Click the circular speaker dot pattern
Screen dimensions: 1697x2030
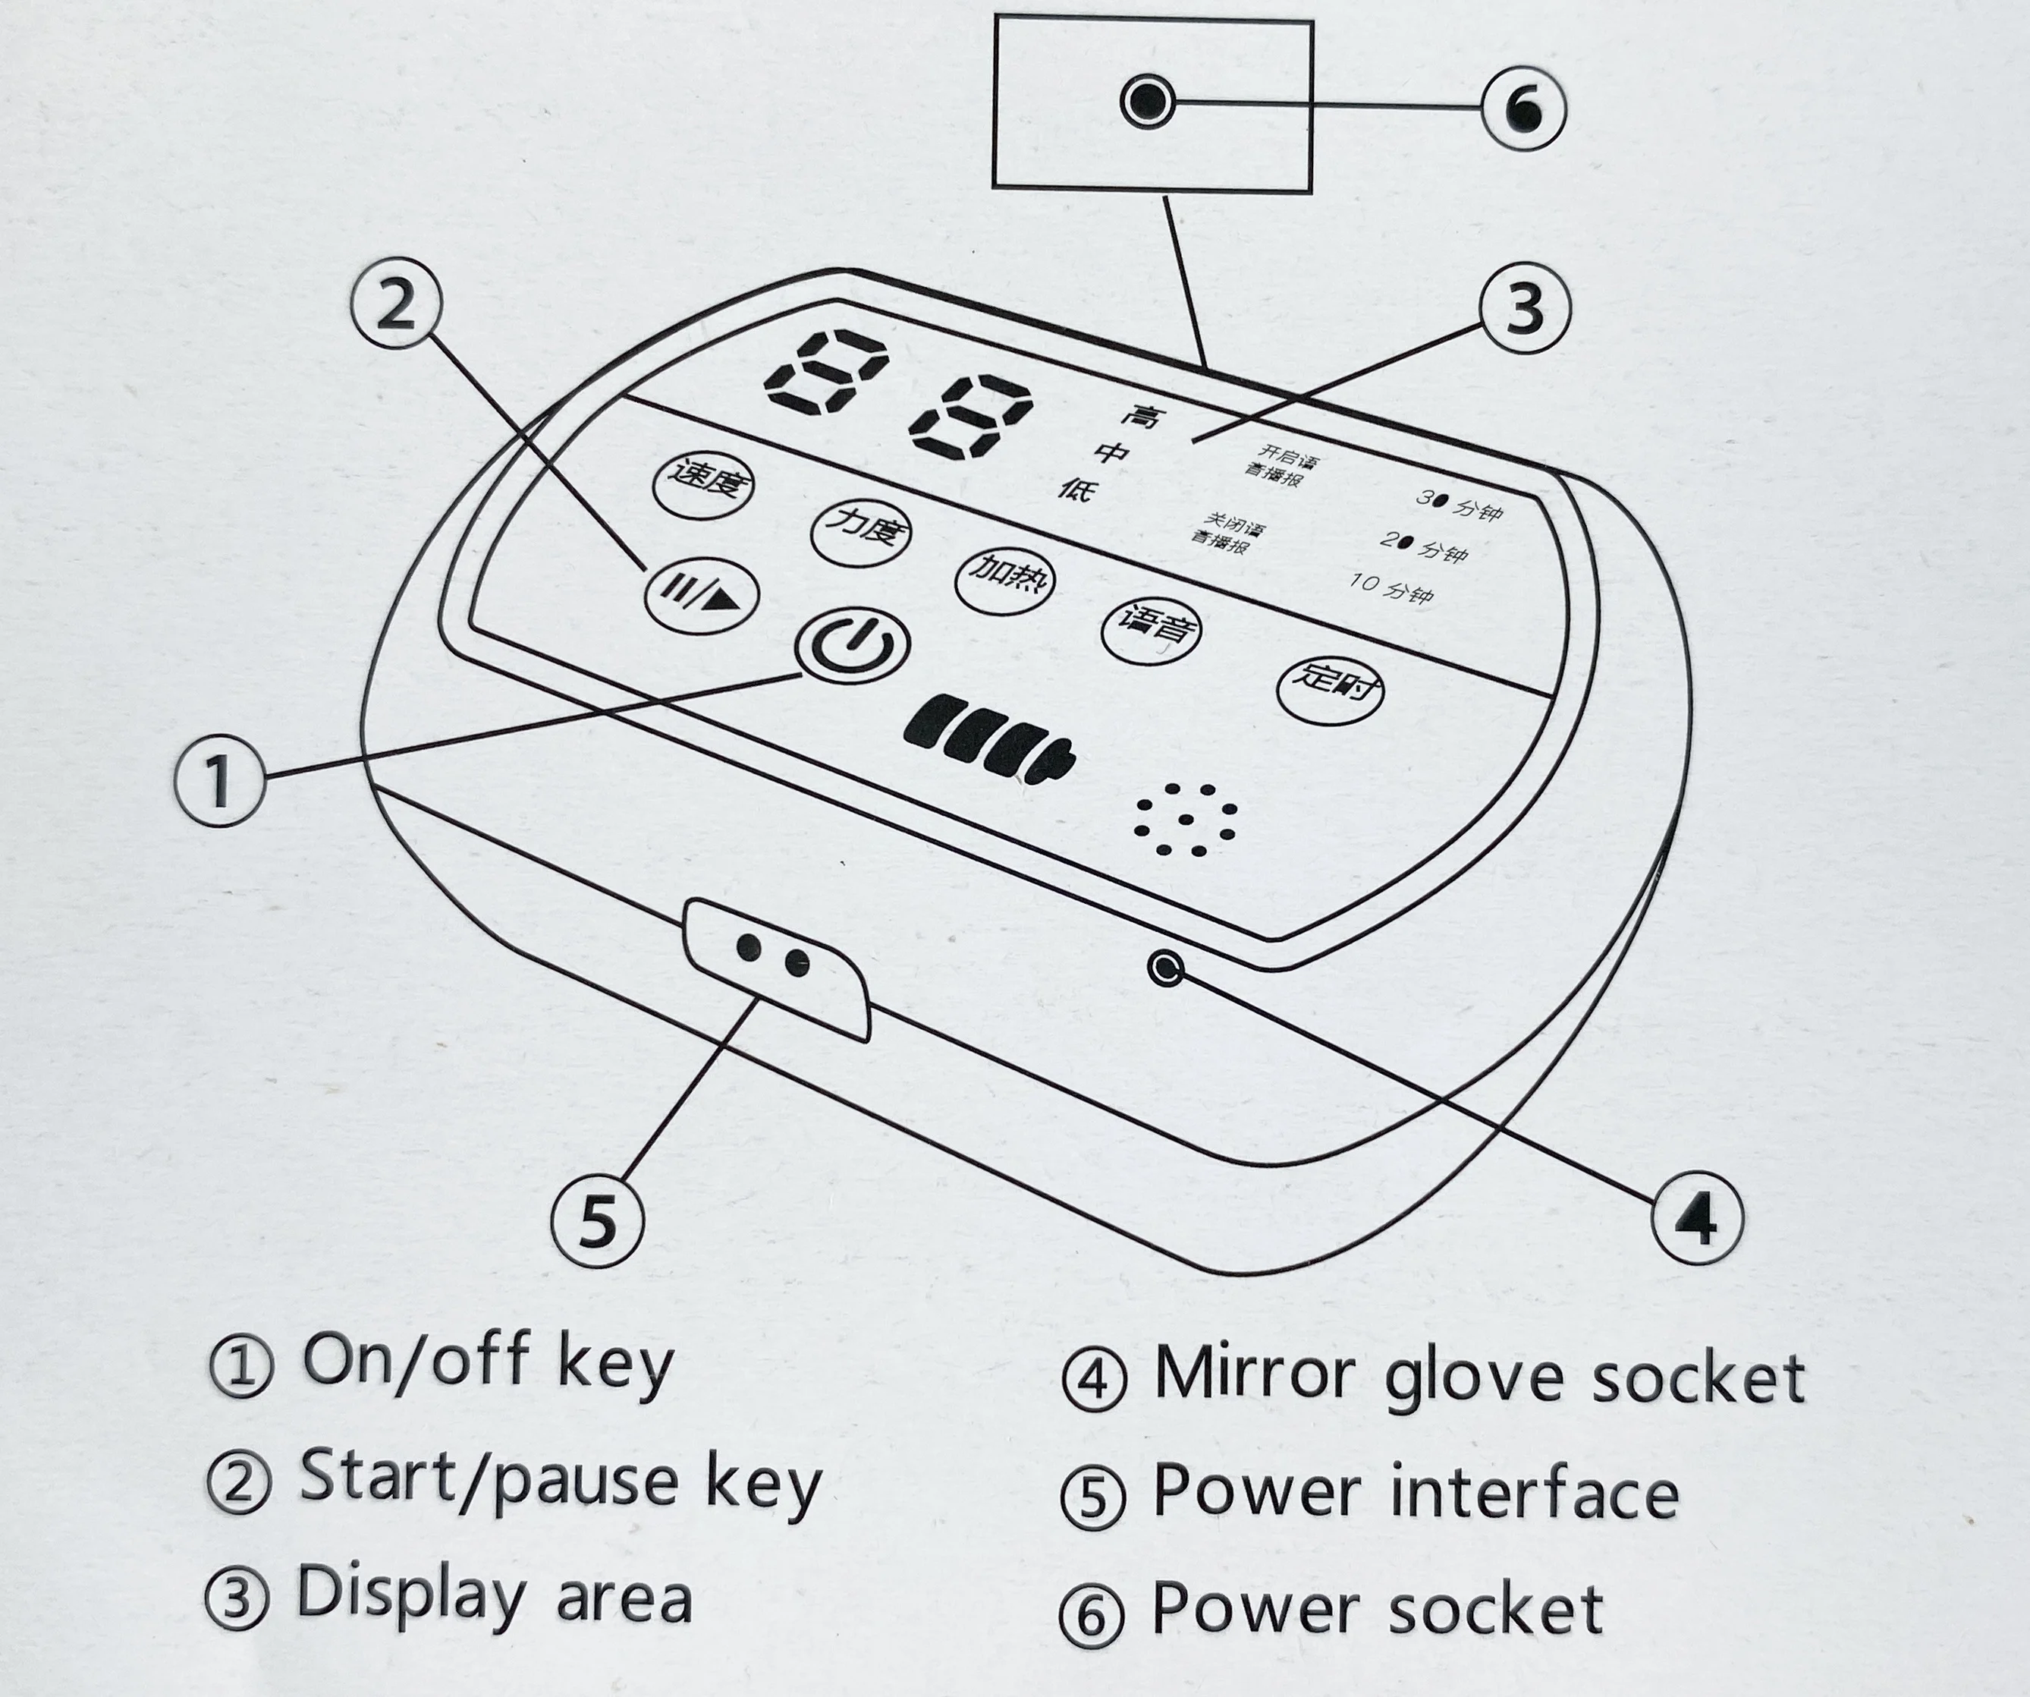[1185, 819]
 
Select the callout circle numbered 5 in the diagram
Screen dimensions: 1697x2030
[598, 1220]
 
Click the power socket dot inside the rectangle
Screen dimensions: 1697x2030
[1148, 101]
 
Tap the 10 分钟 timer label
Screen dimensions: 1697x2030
[1392, 586]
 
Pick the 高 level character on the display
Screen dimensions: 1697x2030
[1143, 417]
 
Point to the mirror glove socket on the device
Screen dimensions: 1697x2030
[1167, 967]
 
